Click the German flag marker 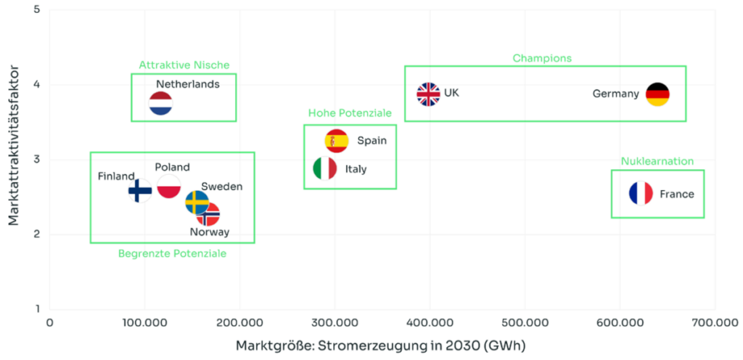(x=657, y=94)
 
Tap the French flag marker (x=641, y=194)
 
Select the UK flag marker (x=428, y=94)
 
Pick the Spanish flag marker (x=337, y=140)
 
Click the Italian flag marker (x=324, y=168)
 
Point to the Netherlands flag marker (x=160, y=104)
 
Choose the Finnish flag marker (x=139, y=191)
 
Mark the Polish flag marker (x=169, y=187)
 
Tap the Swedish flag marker (x=196, y=202)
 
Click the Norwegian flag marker (x=209, y=215)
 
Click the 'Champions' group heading (x=542, y=58)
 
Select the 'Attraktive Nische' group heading (x=184, y=65)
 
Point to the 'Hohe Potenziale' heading (x=350, y=113)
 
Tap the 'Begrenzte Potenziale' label (x=172, y=254)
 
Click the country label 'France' (x=677, y=195)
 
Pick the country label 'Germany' (x=616, y=94)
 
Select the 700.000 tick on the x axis (x=714, y=322)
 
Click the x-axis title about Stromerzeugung (x=380, y=344)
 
